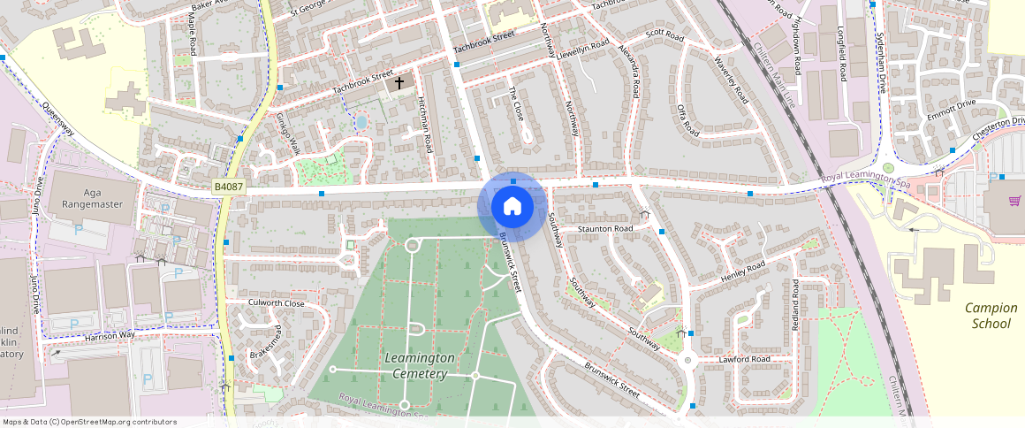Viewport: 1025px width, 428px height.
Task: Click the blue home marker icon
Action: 511,207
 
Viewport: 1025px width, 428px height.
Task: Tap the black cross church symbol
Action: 399,83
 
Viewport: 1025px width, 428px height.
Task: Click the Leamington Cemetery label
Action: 420,365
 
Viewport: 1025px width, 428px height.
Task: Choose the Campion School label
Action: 991,316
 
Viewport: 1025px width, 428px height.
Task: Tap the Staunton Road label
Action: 606,229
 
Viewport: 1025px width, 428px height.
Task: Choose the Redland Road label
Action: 795,306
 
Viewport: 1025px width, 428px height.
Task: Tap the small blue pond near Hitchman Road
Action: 361,121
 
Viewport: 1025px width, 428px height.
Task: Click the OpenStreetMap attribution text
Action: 88,422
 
